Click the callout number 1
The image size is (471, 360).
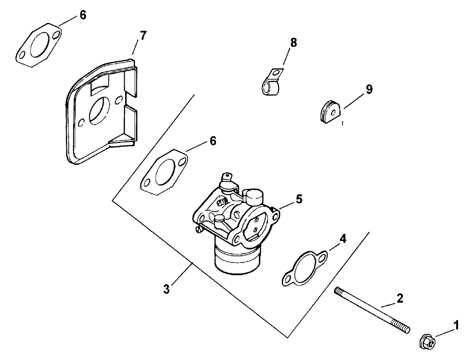pyautogui.click(x=456, y=326)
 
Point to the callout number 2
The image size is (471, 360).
pyautogui.click(x=400, y=299)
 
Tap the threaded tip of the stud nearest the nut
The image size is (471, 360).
pyautogui.click(x=405, y=328)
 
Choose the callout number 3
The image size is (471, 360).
pyautogui.click(x=166, y=290)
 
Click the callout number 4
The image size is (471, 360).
pyautogui.click(x=343, y=238)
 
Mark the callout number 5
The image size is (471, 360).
pyautogui.click(x=298, y=198)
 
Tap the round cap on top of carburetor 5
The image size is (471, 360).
pyautogui.click(x=254, y=196)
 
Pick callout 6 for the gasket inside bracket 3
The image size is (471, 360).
pyautogui.click(x=213, y=141)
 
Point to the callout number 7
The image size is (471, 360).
pyautogui.click(x=143, y=35)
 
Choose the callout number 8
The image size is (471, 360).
pyautogui.click(x=293, y=43)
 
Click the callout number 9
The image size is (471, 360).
pyautogui.click(x=369, y=89)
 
